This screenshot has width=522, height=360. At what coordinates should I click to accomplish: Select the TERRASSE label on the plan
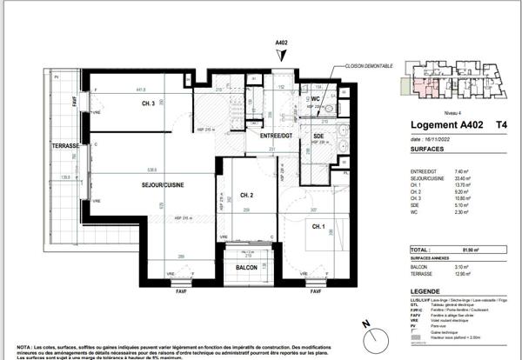point(64,146)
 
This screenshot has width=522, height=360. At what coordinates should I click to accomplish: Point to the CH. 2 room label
point(246,195)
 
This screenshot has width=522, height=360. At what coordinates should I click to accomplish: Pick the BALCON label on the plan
point(246,268)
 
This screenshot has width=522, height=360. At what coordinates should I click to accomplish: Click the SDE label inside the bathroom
point(318,137)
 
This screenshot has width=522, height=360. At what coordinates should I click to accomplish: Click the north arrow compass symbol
point(366,330)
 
